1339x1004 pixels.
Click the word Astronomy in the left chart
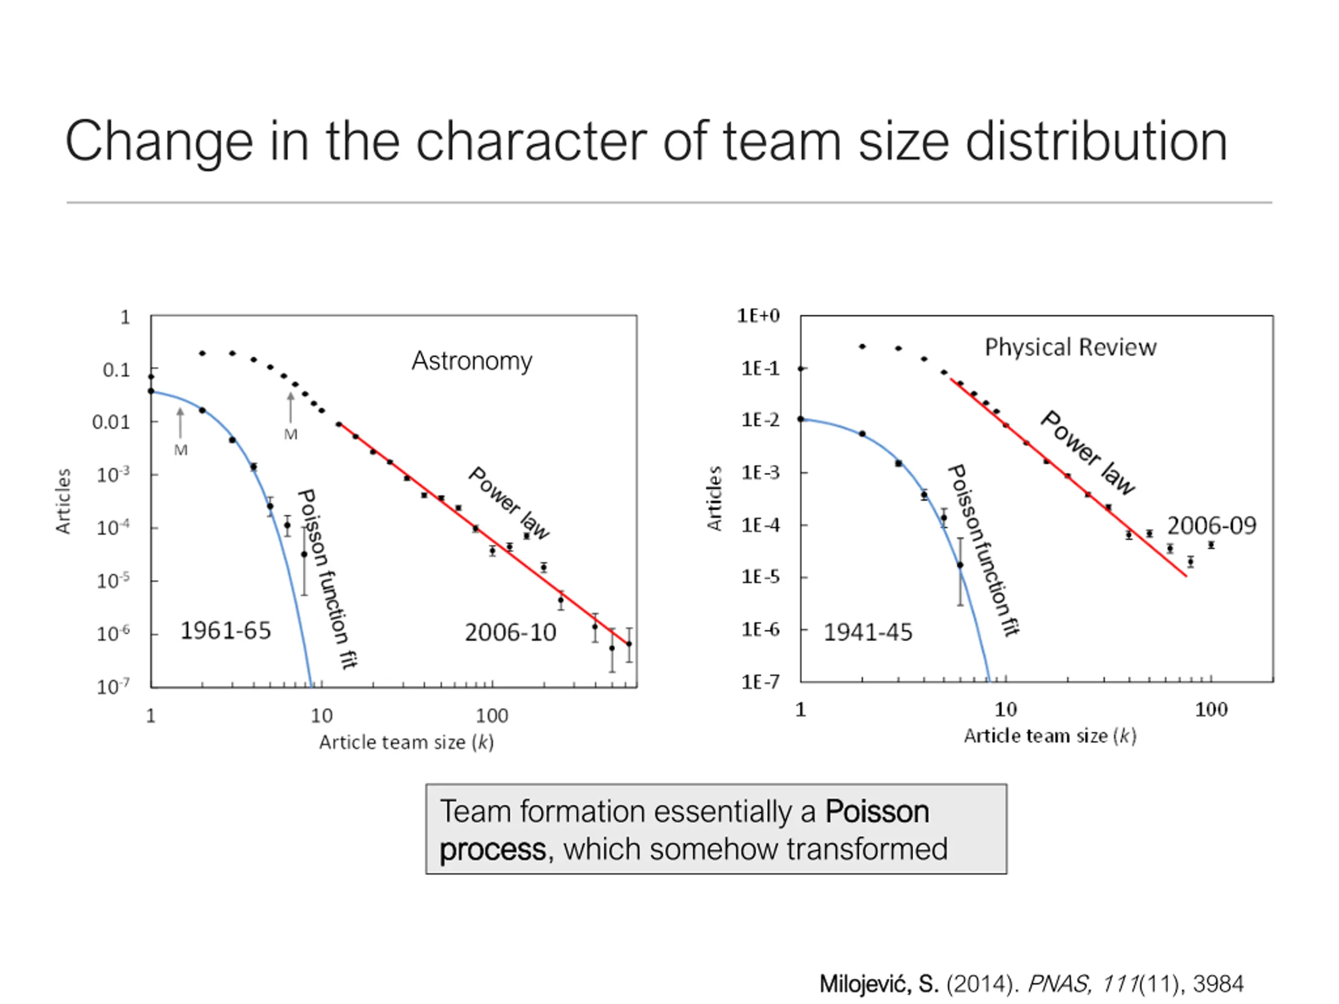tap(472, 361)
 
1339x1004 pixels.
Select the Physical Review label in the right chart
tap(1070, 347)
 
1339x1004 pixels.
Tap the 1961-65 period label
tap(226, 631)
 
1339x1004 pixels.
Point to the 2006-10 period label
tap(510, 633)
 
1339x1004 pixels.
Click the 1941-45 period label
tap(867, 633)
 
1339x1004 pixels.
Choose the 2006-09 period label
tap(1211, 526)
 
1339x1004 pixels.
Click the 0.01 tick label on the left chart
tap(111, 423)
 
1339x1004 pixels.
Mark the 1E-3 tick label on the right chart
tap(761, 473)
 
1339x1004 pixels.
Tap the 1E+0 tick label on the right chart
tap(758, 316)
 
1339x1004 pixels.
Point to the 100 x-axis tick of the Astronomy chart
tap(492, 716)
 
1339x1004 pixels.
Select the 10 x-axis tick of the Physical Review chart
tap(1005, 709)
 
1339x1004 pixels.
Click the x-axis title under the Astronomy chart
tap(406, 743)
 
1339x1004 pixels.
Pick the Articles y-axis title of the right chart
tap(715, 499)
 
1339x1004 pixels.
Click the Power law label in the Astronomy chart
tap(509, 503)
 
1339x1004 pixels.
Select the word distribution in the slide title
tap(1096, 141)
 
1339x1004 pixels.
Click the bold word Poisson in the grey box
tap(877, 812)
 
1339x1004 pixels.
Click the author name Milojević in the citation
tap(865, 985)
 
